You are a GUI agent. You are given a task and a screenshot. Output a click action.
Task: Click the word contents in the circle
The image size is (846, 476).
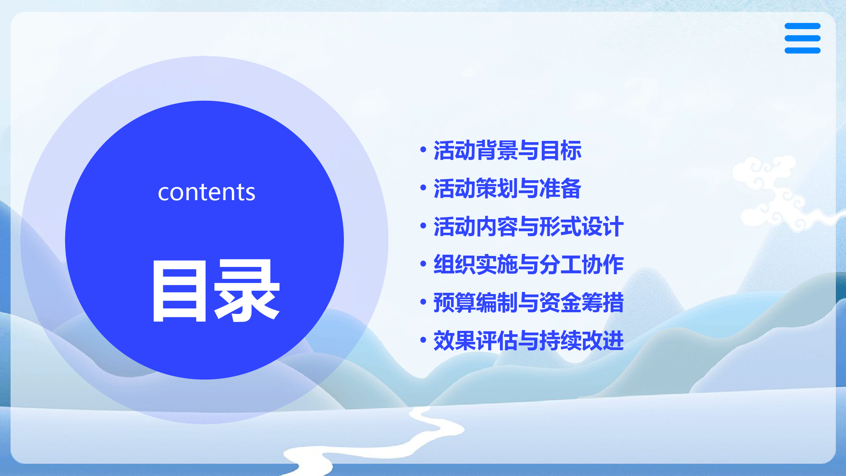click(x=206, y=193)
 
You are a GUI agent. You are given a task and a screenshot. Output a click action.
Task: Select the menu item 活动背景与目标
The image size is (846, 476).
click(x=507, y=150)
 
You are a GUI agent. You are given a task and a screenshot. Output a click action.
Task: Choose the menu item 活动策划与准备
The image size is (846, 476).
click(x=507, y=188)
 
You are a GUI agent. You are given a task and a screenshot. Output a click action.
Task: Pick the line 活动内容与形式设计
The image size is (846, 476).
click(x=528, y=226)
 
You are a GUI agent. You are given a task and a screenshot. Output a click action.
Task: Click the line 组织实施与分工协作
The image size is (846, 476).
click(x=528, y=264)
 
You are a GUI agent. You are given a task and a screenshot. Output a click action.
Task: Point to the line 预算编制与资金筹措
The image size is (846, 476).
click(x=528, y=303)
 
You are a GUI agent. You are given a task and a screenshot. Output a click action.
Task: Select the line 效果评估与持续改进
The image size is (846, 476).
click(x=528, y=341)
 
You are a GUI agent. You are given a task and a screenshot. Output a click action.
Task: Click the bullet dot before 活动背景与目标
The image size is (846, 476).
click(x=423, y=149)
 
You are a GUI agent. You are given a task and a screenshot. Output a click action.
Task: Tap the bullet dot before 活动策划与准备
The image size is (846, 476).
click(x=423, y=187)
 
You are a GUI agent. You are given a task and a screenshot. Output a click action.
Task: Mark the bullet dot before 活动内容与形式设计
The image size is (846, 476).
click(x=423, y=226)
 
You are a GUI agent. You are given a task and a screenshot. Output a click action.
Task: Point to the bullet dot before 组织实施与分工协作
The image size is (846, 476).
click(x=423, y=264)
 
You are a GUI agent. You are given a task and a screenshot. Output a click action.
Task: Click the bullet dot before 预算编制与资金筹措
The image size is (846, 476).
click(x=423, y=302)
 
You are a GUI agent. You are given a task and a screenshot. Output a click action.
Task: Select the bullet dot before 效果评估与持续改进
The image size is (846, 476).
click(x=423, y=340)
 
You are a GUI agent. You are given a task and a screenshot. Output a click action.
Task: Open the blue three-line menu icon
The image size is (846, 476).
click(x=802, y=38)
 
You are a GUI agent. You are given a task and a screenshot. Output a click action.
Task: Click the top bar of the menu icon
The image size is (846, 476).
click(x=802, y=26)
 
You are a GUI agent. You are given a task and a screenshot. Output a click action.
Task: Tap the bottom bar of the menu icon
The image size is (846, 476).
click(x=802, y=50)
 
